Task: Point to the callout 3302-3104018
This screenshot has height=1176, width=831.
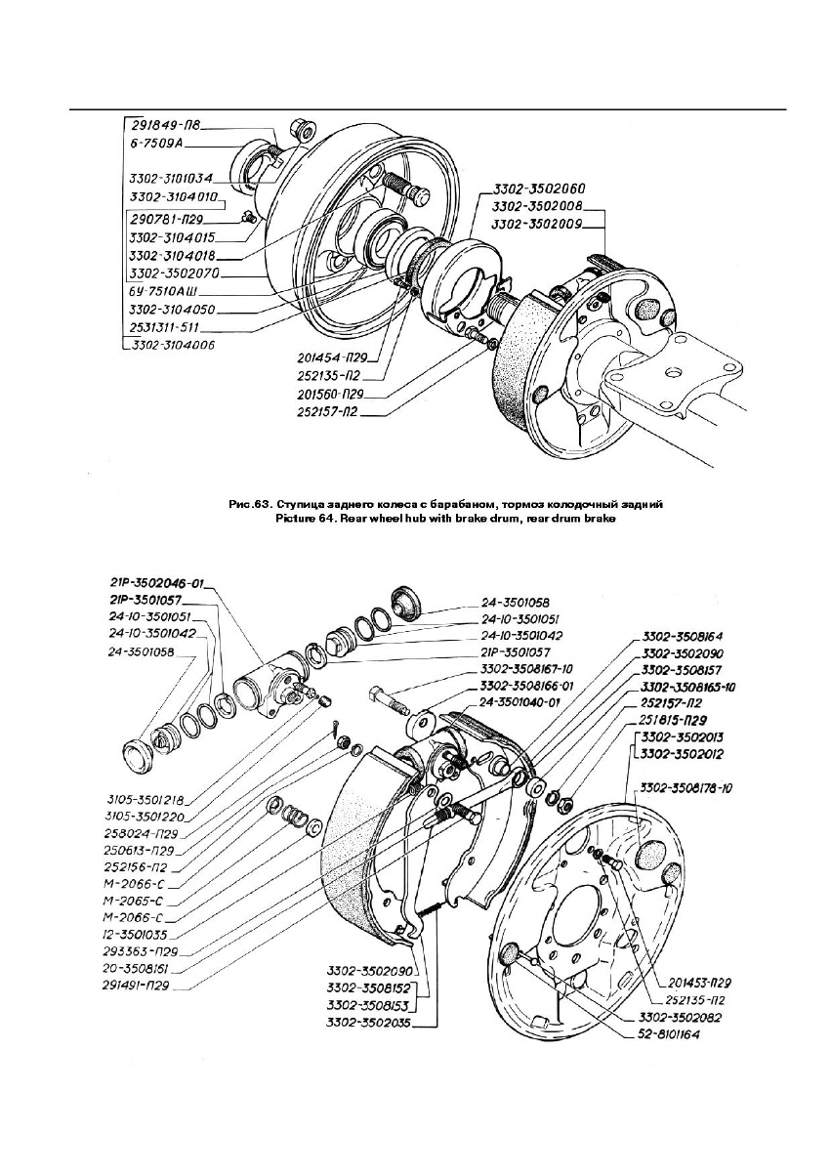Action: click(172, 254)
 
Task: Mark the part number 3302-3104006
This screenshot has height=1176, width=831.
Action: click(172, 345)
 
